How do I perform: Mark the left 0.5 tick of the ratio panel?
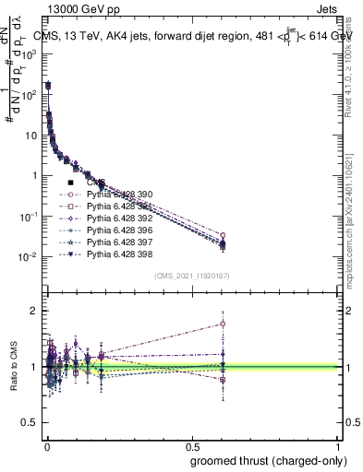(31, 423)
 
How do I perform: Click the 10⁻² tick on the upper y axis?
(30, 256)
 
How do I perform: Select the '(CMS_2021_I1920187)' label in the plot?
(192, 276)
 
